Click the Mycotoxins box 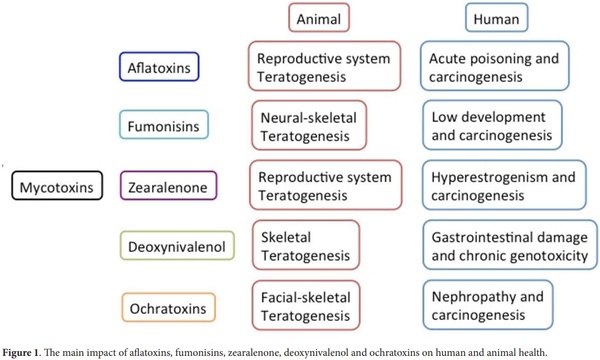58,186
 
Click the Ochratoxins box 165,304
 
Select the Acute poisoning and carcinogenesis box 492,67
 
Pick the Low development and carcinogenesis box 492,126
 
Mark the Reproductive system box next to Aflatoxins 324,67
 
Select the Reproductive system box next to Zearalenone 324,185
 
